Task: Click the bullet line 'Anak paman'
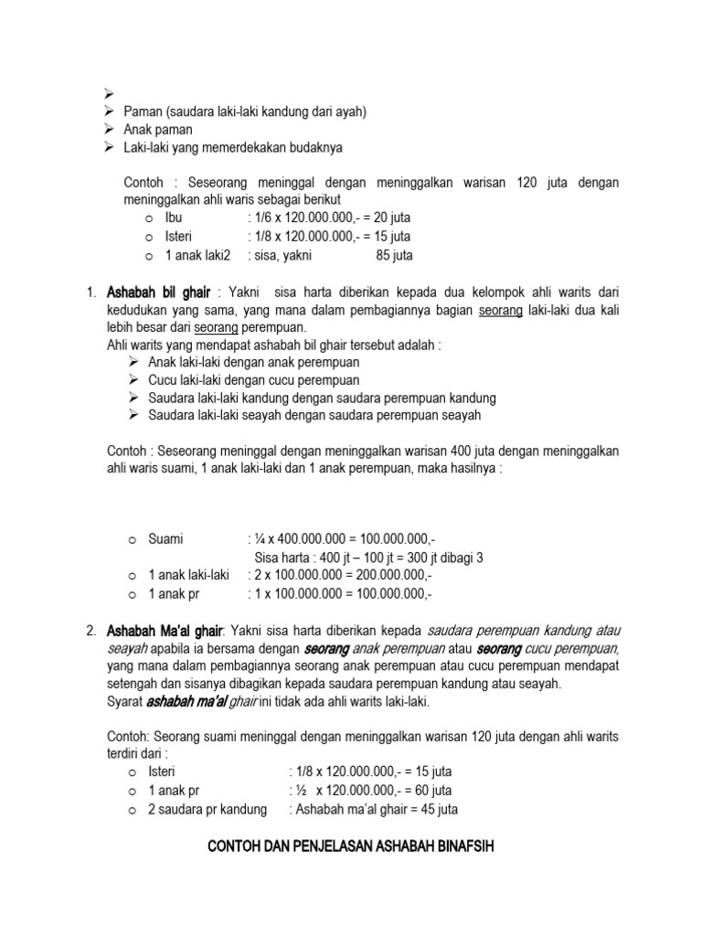158,130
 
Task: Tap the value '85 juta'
394,256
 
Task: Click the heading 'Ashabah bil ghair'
158,292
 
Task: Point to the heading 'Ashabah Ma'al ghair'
165,631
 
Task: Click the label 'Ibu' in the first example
174,219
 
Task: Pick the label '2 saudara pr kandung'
207,809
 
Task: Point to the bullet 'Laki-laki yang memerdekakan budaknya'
234,148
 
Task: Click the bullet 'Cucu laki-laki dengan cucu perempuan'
254,380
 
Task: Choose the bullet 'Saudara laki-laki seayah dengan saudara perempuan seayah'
314,416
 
